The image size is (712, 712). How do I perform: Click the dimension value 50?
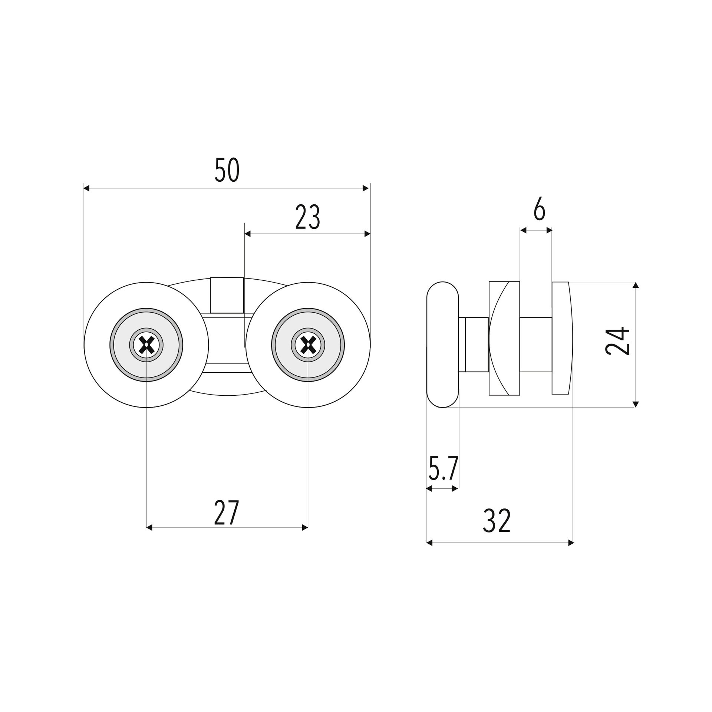227,170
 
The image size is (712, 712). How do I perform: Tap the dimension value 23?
307,217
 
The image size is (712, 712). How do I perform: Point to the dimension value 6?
540,211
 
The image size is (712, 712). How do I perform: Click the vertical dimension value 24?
617,341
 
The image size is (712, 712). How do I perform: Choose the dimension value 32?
497,521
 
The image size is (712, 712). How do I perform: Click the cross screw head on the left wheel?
146,345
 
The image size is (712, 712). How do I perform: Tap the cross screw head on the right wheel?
308,345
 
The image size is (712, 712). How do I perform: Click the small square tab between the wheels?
227,295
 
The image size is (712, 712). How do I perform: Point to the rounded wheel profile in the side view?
443,345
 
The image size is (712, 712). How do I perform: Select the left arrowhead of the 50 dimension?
86,188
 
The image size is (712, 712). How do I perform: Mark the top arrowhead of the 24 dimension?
636,285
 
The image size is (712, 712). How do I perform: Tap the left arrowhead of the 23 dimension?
248,234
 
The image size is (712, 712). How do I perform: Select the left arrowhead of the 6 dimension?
523,230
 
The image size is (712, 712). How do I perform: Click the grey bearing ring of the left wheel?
146,345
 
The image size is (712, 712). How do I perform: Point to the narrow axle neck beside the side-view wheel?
474,345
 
